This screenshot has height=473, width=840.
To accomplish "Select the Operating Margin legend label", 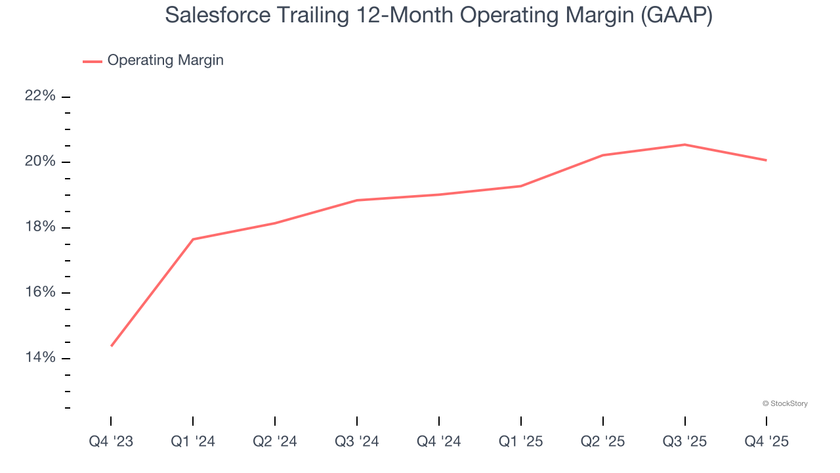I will coord(165,60).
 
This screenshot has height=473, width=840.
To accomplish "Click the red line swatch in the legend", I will coord(93,61).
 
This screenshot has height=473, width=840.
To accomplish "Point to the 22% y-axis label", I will coord(40,96).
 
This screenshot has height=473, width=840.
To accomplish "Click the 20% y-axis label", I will coord(40,162).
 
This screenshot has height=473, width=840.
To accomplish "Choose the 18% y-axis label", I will coord(40,227).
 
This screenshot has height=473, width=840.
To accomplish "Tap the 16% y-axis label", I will coord(40,292).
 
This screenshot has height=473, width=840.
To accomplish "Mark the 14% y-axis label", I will coord(40,357).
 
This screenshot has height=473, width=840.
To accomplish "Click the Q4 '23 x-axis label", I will coord(111,441).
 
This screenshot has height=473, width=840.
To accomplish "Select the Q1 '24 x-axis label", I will coord(193,441).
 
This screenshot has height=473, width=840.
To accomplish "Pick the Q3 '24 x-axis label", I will coord(357,441).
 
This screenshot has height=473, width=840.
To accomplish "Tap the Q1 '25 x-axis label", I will coord(521,441).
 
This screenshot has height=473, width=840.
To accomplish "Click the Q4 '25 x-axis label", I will coord(766,441).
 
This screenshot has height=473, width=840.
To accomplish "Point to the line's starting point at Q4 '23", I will coord(111,346).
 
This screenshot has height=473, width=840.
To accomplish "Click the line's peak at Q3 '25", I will coord(685,145).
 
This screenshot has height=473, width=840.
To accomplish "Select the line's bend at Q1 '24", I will coord(193,239).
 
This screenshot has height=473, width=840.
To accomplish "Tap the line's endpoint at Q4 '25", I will coord(766,160).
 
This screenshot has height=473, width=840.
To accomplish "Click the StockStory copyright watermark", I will coord(785,403).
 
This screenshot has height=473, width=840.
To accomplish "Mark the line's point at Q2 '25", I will coord(603,155).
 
